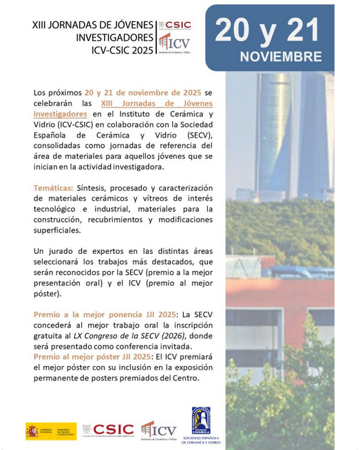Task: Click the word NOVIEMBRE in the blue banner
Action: point(281,56)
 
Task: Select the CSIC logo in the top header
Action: point(175,25)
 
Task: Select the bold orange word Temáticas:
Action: point(53,188)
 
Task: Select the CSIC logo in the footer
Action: point(107,430)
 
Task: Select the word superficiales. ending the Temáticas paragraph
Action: point(57,230)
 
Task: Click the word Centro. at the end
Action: point(184,378)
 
